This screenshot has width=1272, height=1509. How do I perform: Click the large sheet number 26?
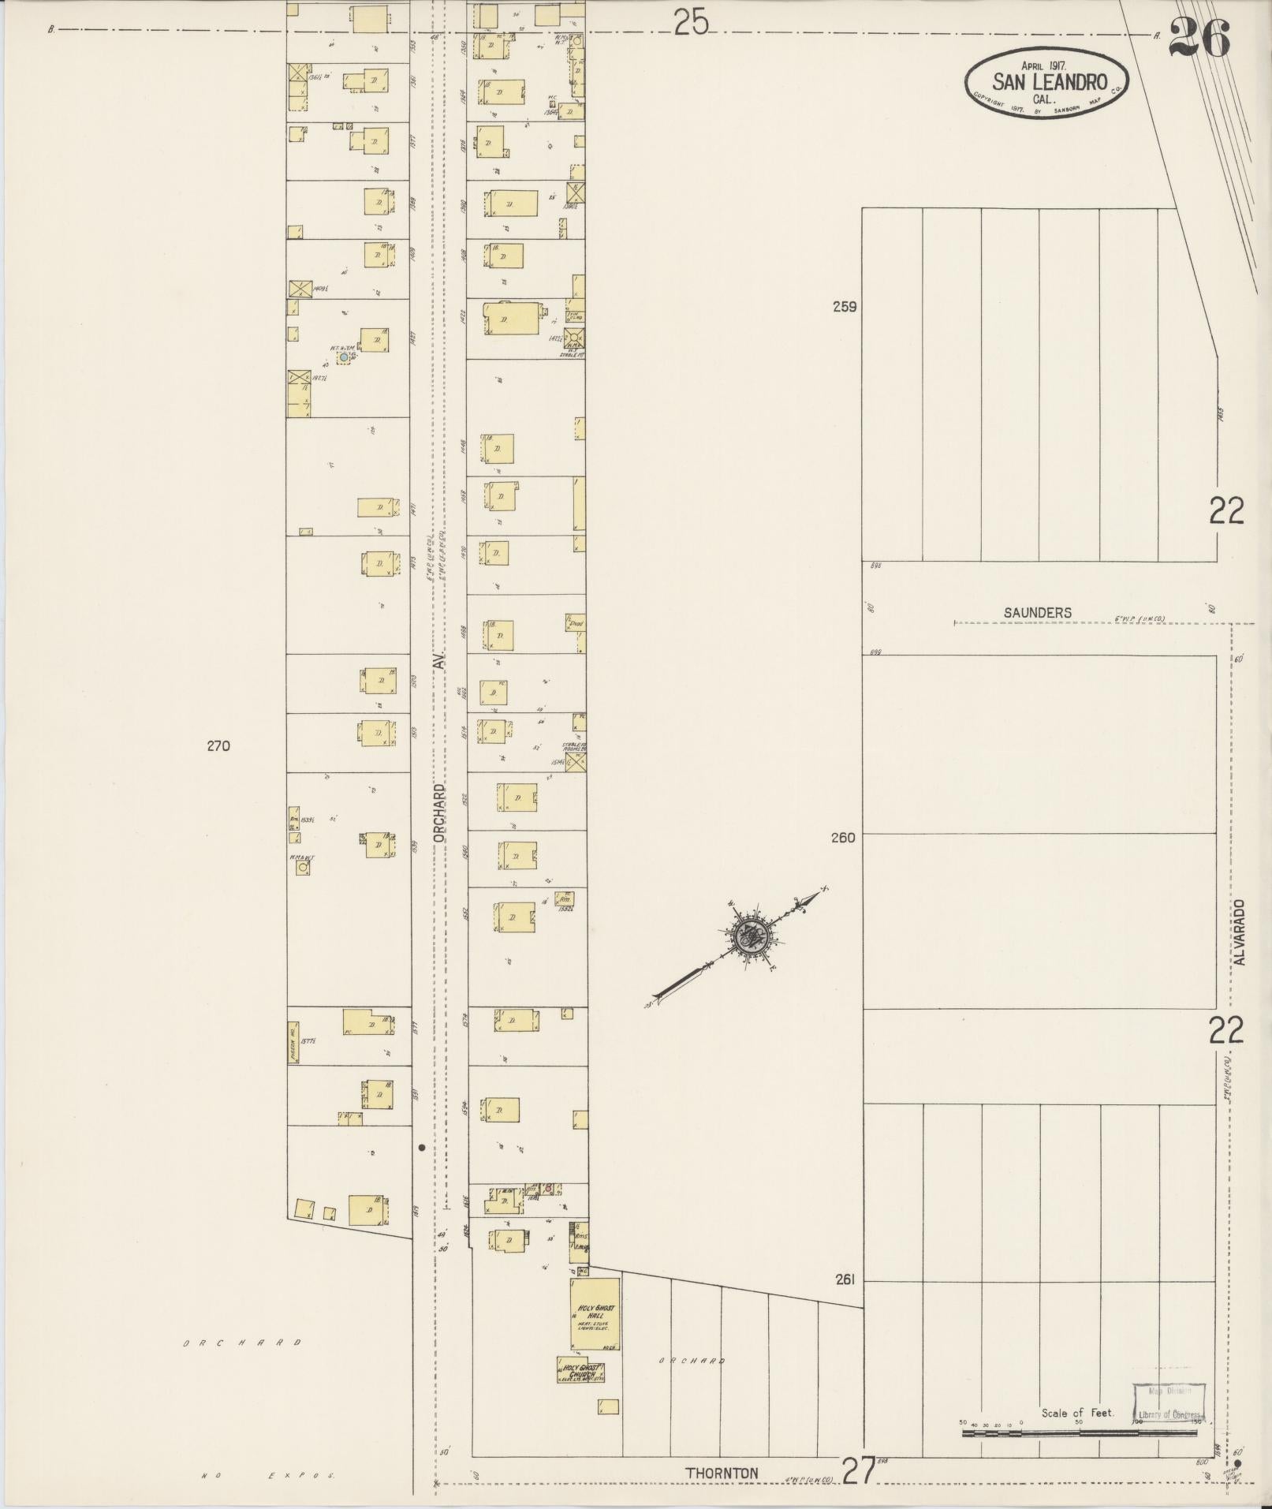[x=1199, y=38]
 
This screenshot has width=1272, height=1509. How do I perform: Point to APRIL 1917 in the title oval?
[x=1043, y=66]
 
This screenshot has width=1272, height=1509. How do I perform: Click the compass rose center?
[x=748, y=936]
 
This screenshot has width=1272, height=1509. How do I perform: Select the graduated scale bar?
[x=1080, y=1432]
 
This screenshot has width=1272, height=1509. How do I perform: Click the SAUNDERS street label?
[x=1037, y=612]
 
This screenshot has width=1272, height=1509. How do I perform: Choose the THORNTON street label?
[x=722, y=1473]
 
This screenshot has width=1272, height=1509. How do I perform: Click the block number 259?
[x=844, y=308]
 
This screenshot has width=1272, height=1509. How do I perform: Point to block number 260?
[x=843, y=838]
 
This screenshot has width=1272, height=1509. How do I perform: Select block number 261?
[x=844, y=1280]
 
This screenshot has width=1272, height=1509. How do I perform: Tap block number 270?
[x=218, y=745]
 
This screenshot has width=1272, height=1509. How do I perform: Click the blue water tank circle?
[x=343, y=357]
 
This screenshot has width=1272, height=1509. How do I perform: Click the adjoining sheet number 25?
[x=691, y=25]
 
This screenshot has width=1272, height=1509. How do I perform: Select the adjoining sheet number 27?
[x=858, y=1471]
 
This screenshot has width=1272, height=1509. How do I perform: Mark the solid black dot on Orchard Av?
[x=422, y=1148]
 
